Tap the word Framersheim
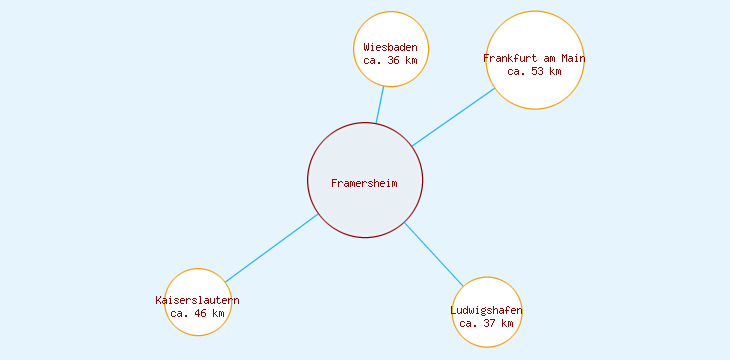pyautogui.click(x=365, y=183)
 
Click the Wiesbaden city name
pyautogui.click(x=391, y=47)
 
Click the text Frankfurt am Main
pyautogui.click(x=534, y=58)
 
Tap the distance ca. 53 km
pyautogui.click(x=534, y=71)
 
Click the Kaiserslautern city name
pyautogui.click(x=198, y=300)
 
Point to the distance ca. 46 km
pyautogui.click(x=198, y=313)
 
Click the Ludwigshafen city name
pyautogui.click(x=487, y=310)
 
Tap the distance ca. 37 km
pyautogui.click(x=487, y=323)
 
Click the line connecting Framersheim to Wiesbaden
pyautogui.click(x=380, y=105)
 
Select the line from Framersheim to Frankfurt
pyautogui.click(x=453, y=117)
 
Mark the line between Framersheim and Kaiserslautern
pyautogui.click(x=271, y=248)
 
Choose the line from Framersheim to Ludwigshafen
pyautogui.click(x=434, y=254)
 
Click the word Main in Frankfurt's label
pyautogui.click(x=572, y=58)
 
